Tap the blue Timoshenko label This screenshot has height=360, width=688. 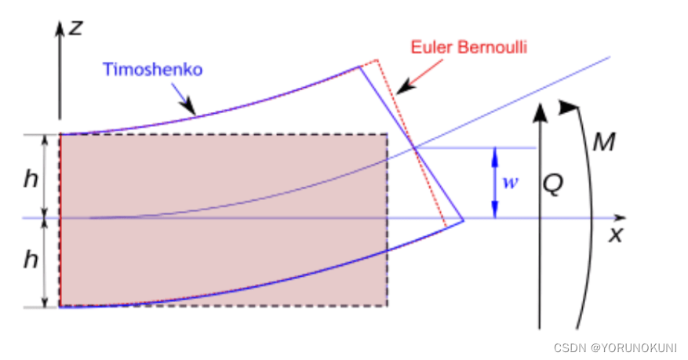(x=152, y=69)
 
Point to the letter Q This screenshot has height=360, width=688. (x=553, y=184)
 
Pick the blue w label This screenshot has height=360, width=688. (x=510, y=183)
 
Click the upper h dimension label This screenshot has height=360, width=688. (x=31, y=178)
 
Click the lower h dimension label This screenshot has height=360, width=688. (x=31, y=260)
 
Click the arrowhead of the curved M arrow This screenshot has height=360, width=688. (x=566, y=107)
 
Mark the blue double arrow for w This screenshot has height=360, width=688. (x=494, y=183)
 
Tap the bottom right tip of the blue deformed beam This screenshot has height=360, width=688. (x=464, y=220)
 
